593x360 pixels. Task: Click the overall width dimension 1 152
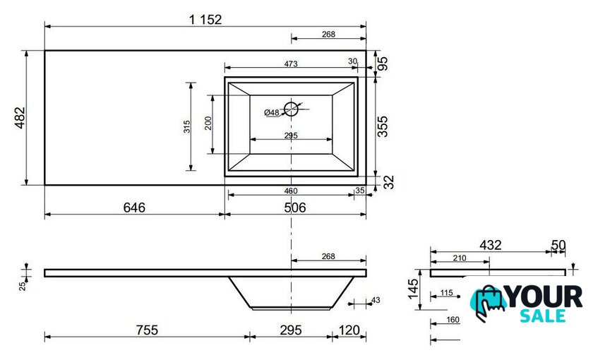205,19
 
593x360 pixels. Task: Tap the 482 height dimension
20,118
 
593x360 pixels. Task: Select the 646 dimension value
134,208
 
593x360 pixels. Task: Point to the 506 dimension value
294,208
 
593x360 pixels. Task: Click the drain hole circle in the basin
291,109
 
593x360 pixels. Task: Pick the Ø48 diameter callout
272,112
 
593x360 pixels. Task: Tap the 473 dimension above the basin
290,64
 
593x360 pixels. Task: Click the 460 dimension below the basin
290,191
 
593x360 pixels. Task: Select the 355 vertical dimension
383,126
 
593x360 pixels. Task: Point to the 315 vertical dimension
187,126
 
